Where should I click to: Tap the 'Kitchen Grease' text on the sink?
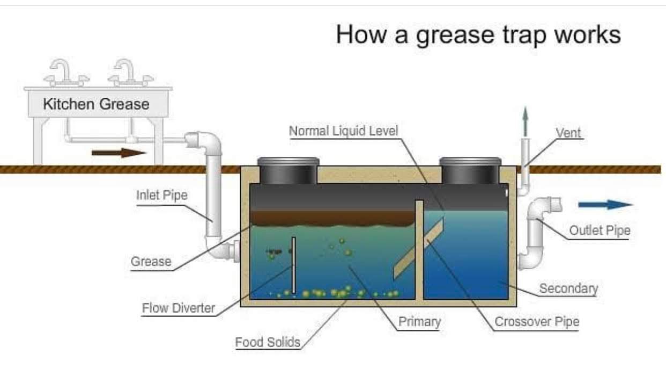96,104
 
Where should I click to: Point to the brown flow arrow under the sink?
119,153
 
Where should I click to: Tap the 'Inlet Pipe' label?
162,195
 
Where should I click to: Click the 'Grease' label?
151,262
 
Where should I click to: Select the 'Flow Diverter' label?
179,308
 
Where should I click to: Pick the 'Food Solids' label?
268,342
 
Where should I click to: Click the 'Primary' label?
419,322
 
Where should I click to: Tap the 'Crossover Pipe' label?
537,322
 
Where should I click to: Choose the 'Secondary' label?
568,289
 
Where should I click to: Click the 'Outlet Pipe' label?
600,230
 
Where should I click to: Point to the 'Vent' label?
568,133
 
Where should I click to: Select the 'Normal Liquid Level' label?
344,131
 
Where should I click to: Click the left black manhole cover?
288,171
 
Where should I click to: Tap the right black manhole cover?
470,171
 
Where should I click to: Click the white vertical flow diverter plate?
293,265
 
